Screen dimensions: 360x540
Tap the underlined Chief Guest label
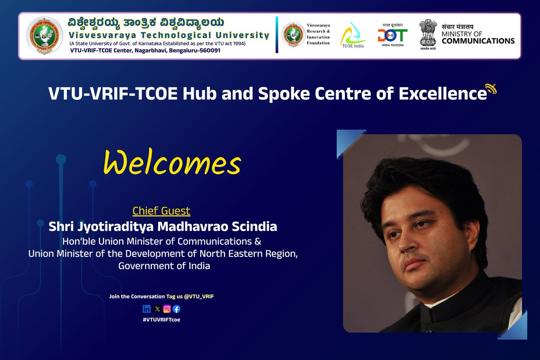(x=162, y=211)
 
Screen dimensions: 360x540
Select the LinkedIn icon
(x=147, y=309)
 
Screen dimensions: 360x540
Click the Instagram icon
(x=167, y=309)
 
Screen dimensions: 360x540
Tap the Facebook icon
(x=176, y=309)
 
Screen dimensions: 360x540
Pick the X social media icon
(x=157, y=309)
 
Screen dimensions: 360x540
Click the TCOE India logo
(x=353, y=35)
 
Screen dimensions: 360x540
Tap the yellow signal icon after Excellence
(x=491, y=89)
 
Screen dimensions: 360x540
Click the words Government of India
(x=164, y=266)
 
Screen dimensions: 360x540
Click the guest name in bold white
(x=163, y=226)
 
